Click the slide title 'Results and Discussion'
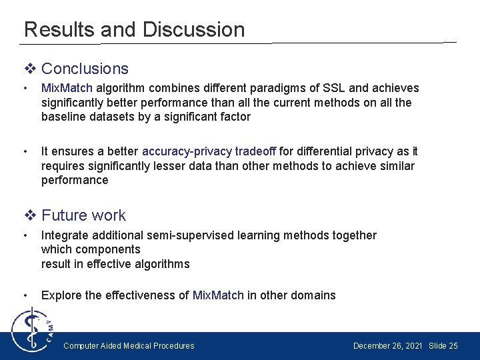[x=134, y=29]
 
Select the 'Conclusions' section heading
[x=85, y=69]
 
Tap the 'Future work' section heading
[x=83, y=215]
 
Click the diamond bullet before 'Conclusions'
[x=31, y=69]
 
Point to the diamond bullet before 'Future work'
[x=31, y=215]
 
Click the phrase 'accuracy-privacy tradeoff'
[x=209, y=151]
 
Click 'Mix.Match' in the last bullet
[x=218, y=295]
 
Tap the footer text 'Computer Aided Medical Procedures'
[x=129, y=345]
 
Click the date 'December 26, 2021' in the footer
[x=387, y=345]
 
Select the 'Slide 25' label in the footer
[x=443, y=345]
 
